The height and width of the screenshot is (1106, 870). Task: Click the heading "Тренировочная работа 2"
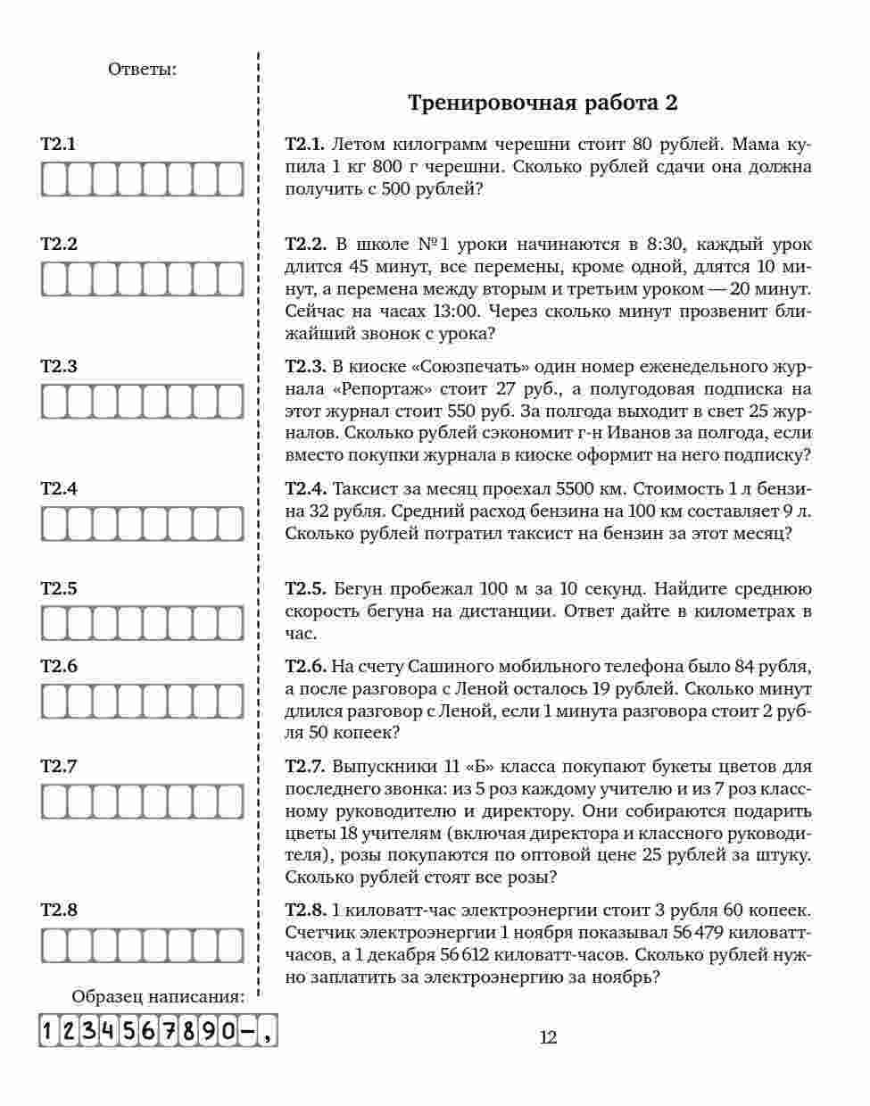click(543, 103)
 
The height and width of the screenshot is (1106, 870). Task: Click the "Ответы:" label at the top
click(142, 69)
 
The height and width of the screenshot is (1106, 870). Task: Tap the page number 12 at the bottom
click(548, 1037)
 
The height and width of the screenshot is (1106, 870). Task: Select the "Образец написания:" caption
click(157, 997)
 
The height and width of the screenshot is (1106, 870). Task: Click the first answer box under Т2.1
click(54, 179)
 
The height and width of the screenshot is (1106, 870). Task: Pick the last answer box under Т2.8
click(230, 945)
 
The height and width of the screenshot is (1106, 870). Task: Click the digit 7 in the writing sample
click(168, 1032)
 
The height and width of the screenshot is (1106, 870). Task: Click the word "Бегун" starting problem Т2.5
click(356, 589)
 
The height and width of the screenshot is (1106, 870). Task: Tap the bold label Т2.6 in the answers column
click(59, 666)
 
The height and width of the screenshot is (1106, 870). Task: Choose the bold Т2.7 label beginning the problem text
click(305, 767)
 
